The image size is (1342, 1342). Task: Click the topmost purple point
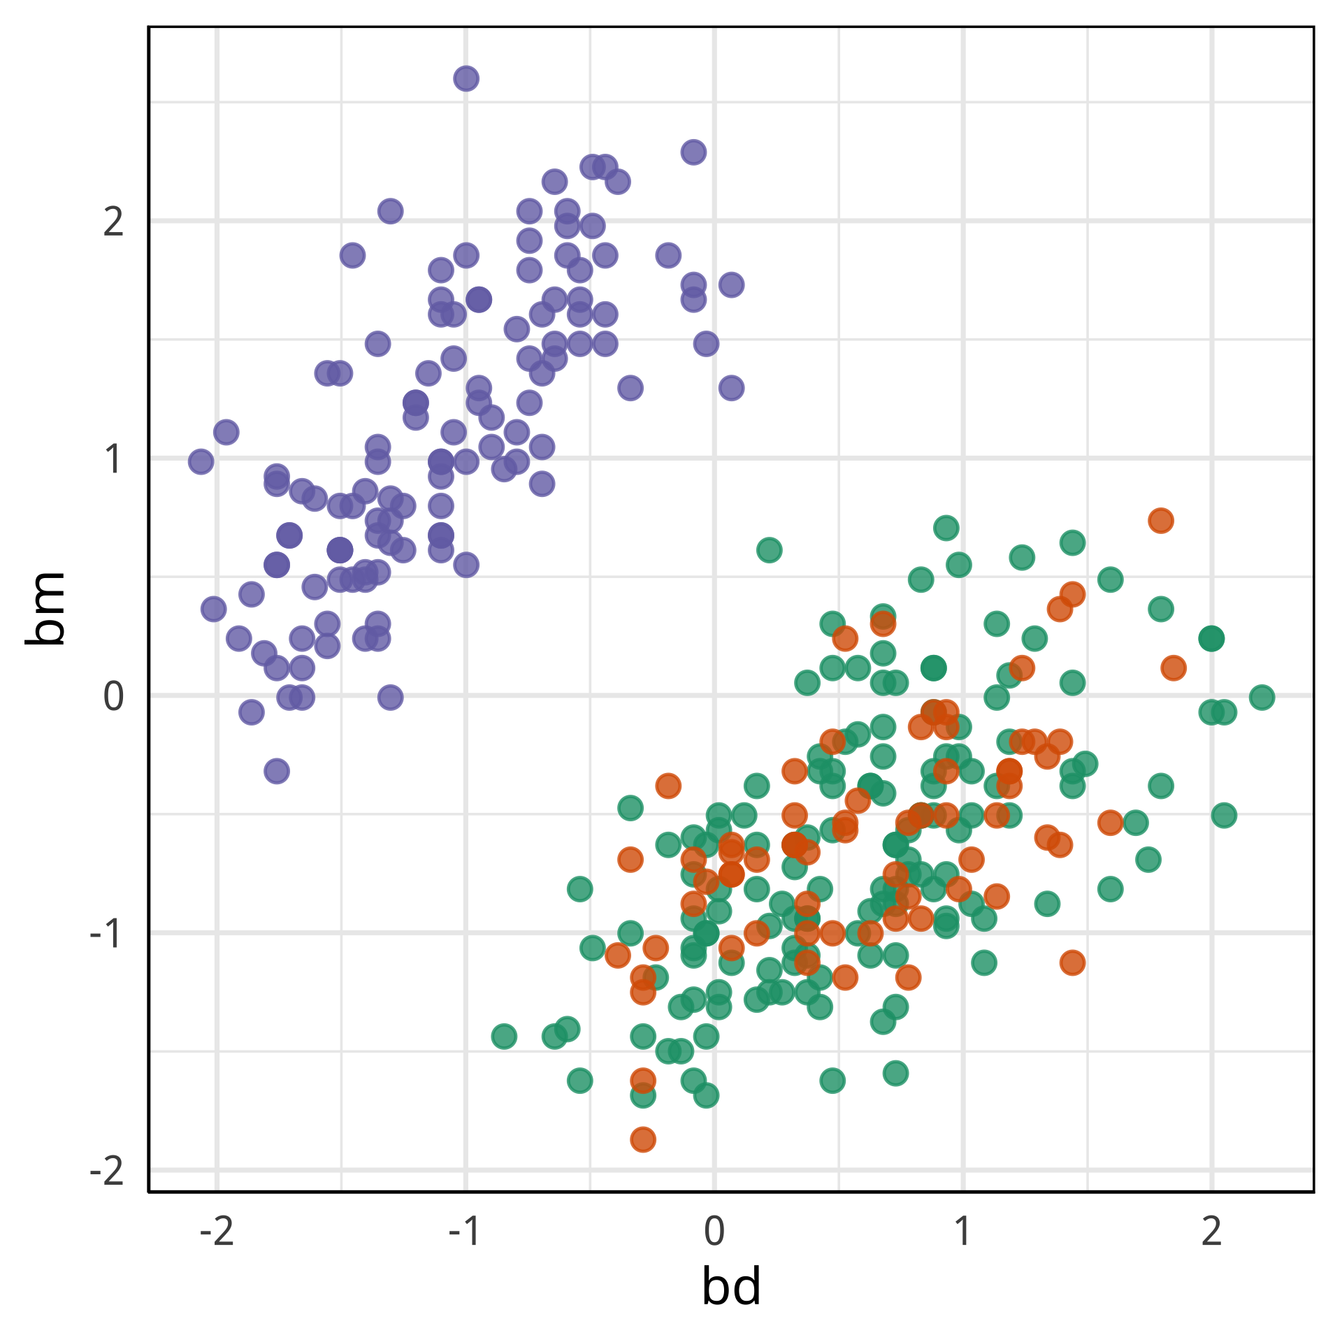pyautogui.click(x=466, y=78)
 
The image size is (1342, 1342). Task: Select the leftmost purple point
pyautogui.click(x=201, y=461)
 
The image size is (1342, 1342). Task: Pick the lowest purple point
pyautogui.click(x=277, y=772)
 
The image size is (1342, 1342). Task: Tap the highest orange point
pyautogui.click(x=1160, y=520)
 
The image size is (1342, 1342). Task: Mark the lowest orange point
pyautogui.click(x=643, y=1140)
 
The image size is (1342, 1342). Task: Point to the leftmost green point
pyautogui.click(x=504, y=1036)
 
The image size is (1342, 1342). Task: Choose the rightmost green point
pyautogui.click(x=1262, y=697)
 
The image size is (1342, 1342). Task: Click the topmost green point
pyautogui.click(x=946, y=528)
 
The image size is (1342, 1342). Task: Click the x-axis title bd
pyautogui.click(x=731, y=1287)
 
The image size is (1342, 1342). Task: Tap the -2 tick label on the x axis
pyautogui.click(x=217, y=1232)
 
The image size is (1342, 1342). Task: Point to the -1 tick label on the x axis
pyautogui.click(x=465, y=1232)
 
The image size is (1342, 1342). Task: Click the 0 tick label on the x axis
pyautogui.click(x=714, y=1232)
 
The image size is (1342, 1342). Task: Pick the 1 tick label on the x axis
pyautogui.click(x=962, y=1232)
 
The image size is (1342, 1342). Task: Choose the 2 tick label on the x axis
pyautogui.click(x=1211, y=1232)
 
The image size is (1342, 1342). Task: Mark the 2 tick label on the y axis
pyautogui.click(x=113, y=222)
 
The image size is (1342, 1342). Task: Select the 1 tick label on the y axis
pyautogui.click(x=113, y=459)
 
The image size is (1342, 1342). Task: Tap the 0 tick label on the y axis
pyautogui.click(x=113, y=696)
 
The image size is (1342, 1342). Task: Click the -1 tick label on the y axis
pyautogui.click(x=106, y=933)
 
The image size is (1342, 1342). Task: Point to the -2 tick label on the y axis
pyautogui.click(x=106, y=1170)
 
